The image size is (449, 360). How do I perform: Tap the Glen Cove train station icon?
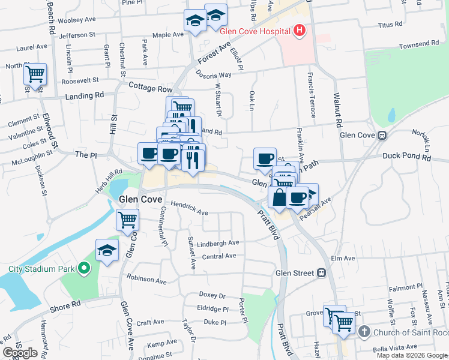381,135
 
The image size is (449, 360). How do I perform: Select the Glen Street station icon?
322,273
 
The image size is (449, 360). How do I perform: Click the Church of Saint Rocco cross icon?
364,332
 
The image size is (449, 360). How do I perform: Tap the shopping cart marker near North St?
35,75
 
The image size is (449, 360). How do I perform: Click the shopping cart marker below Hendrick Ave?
127,220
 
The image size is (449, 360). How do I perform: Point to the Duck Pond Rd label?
407,157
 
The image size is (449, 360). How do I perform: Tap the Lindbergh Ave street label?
218,243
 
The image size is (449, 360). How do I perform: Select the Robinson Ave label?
146,280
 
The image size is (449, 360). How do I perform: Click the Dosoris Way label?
213,75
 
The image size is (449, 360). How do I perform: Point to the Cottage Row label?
151,87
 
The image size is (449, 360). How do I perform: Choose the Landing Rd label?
84,95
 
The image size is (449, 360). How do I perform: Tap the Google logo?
20,353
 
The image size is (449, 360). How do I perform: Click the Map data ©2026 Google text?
411,355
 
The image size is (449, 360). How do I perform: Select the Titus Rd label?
390,25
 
